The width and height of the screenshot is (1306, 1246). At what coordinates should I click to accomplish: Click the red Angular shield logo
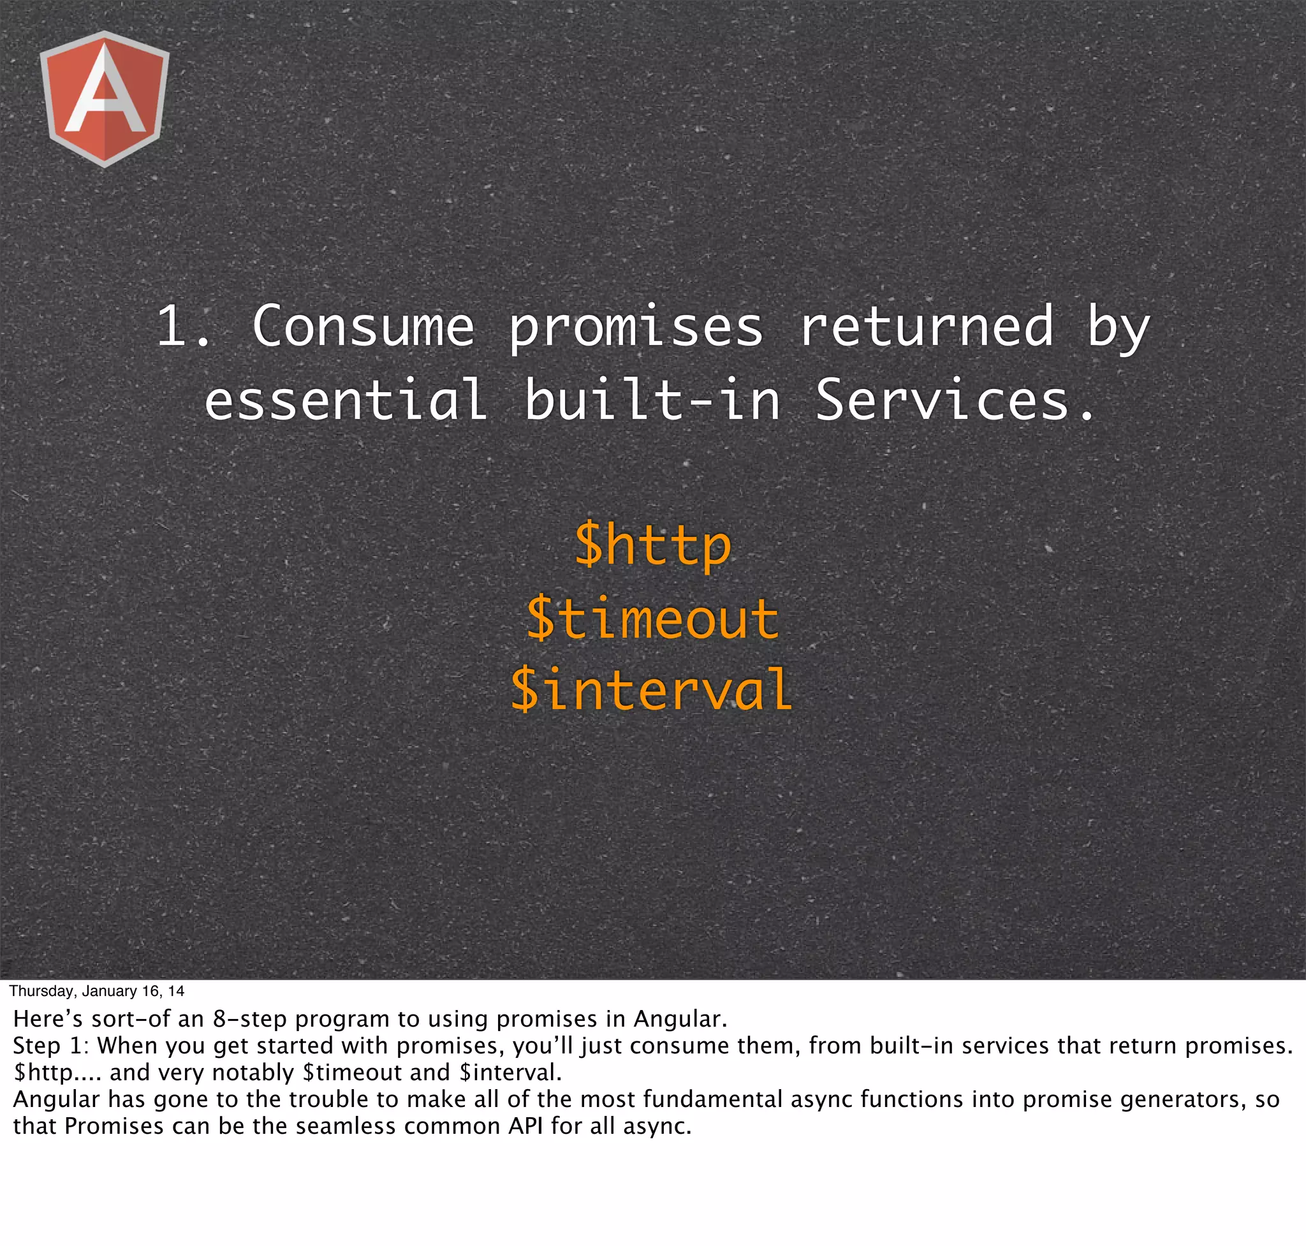(105, 98)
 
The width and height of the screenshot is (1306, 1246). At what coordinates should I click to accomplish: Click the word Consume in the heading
(363, 326)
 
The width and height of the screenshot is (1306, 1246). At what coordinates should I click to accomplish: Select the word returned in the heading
(926, 326)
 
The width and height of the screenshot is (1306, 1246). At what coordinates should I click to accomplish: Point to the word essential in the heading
(346, 400)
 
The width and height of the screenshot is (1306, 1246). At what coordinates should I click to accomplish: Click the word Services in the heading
(954, 400)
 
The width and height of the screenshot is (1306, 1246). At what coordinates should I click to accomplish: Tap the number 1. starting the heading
(182, 326)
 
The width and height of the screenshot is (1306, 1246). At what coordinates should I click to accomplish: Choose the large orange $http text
(652, 545)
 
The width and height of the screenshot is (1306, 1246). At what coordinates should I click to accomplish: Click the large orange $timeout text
(652, 619)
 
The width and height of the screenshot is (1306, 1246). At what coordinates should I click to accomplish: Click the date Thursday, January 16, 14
(97, 992)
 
